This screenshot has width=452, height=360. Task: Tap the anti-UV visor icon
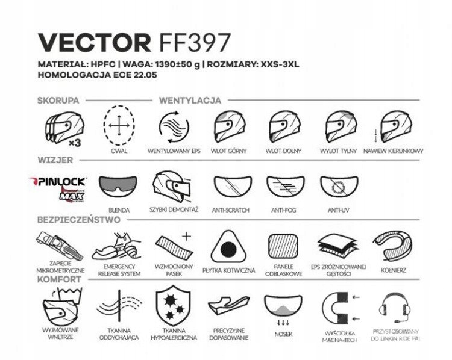point(339,188)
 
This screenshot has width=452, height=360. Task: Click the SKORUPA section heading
point(59,100)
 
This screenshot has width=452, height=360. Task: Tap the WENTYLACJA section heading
point(189,100)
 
